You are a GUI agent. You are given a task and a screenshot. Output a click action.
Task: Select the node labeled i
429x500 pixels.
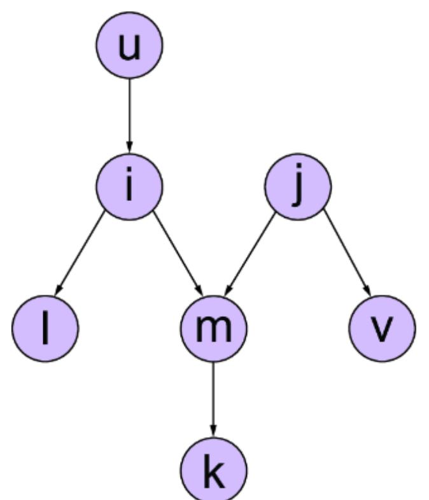129,186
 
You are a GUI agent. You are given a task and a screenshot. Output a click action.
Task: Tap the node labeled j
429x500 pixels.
298,186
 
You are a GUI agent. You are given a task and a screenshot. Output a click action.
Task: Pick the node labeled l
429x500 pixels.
45,328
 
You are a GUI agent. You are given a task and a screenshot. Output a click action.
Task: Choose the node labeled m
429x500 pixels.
213,328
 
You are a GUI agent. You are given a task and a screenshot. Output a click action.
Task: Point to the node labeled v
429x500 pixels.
382,328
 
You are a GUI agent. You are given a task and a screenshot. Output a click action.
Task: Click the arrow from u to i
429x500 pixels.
129,115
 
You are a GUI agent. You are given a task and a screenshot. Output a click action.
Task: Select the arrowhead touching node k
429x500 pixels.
213,433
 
